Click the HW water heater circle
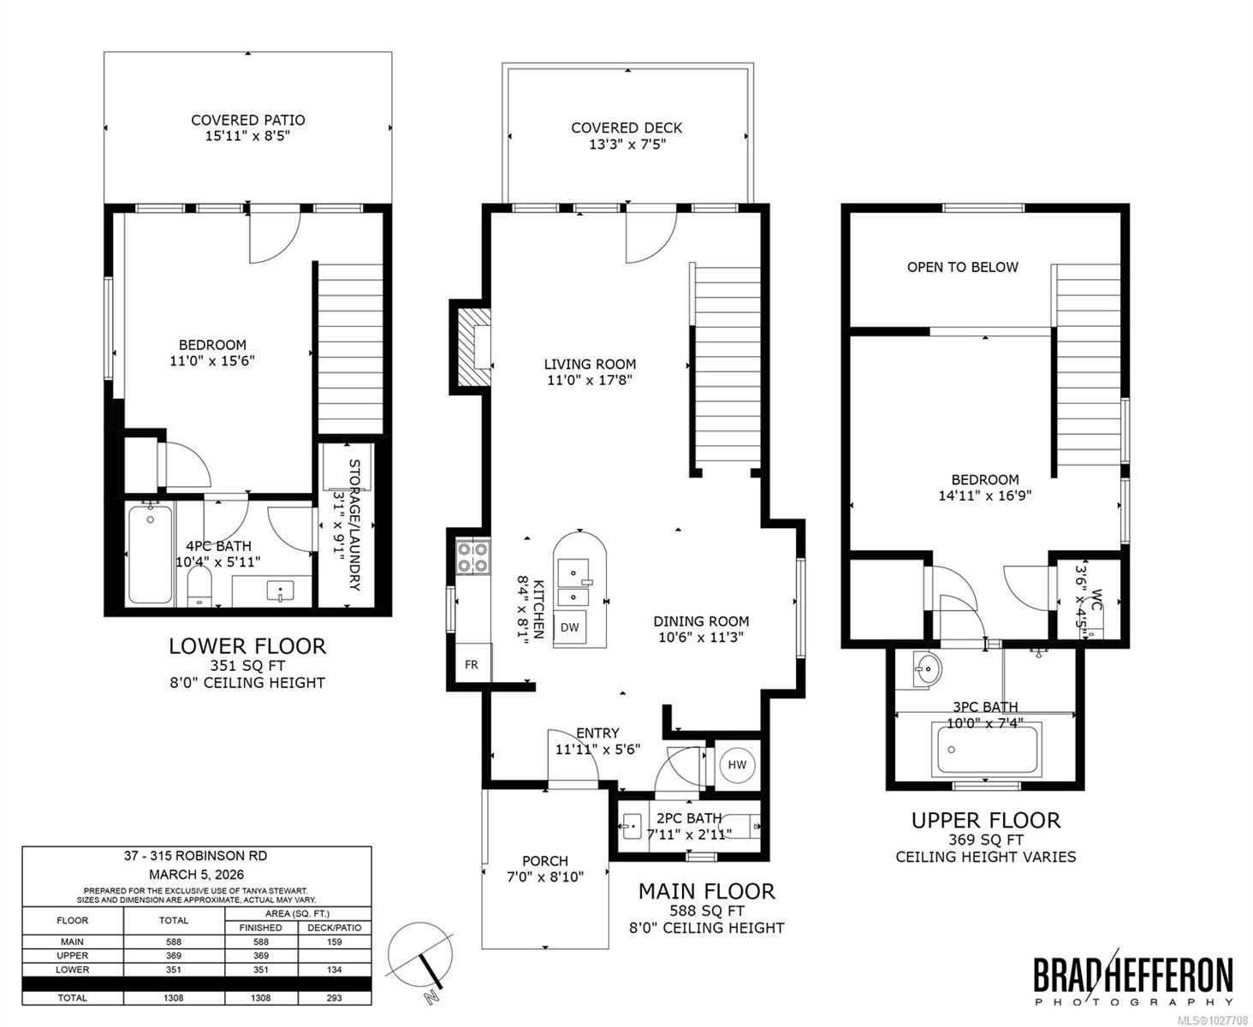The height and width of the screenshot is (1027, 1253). pos(737,764)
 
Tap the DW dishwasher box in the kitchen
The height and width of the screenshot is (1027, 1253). pos(569,627)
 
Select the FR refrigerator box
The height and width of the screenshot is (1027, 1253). pos(472,664)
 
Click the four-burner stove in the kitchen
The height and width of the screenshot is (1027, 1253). pos(472,557)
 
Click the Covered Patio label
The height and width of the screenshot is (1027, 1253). pos(247,120)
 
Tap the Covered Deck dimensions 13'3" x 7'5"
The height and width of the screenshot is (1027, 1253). pos(626,145)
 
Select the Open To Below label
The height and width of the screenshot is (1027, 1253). pos(962,267)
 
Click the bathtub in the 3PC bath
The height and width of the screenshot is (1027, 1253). pos(987,750)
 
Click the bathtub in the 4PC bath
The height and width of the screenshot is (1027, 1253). pos(150,554)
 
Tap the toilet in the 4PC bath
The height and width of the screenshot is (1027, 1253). pos(199,589)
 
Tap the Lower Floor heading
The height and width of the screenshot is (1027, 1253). pos(246,645)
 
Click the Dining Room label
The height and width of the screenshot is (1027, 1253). pos(701,621)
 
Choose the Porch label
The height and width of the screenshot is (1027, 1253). pos(544,861)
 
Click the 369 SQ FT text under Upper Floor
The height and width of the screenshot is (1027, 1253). pos(985,840)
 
